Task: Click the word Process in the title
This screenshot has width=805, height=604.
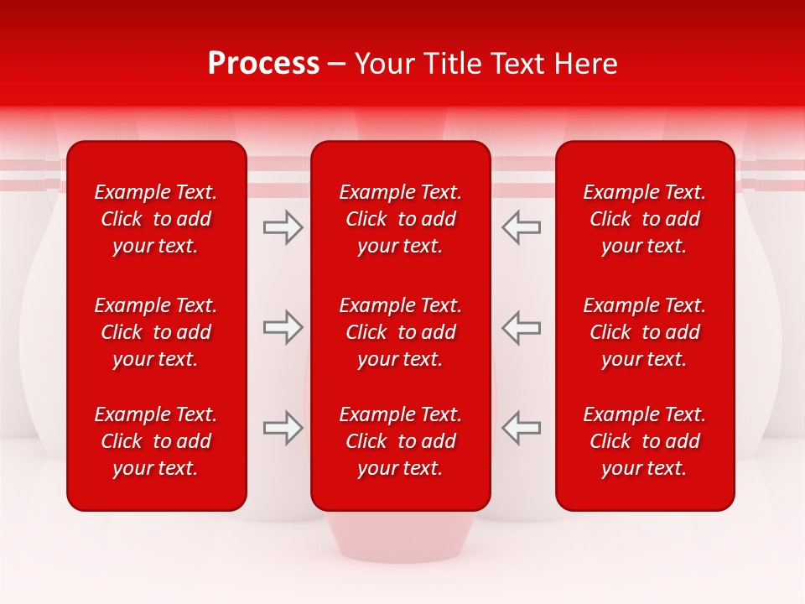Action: click(263, 64)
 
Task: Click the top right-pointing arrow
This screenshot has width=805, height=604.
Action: click(283, 227)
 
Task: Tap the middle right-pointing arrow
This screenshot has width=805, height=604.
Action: click(283, 327)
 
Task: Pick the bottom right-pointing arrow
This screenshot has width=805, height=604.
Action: click(283, 428)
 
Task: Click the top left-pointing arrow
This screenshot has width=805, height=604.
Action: click(522, 227)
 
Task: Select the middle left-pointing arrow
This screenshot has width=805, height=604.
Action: click(522, 327)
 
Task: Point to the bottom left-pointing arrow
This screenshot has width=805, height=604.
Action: click(522, 428)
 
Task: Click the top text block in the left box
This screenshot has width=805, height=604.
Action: click(156, 219)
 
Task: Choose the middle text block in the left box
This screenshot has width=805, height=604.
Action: click(156, 332)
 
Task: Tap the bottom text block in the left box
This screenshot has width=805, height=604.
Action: click(156, 441)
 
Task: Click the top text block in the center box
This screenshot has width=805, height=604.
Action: click(400, 219)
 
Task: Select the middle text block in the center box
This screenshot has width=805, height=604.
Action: click(400, 332)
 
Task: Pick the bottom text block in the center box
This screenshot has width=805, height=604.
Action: click(400, 441)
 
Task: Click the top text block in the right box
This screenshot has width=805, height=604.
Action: click(644, 219)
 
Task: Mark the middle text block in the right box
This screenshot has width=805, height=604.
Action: click(644, 332)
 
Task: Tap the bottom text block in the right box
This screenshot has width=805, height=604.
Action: click(644, 441)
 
